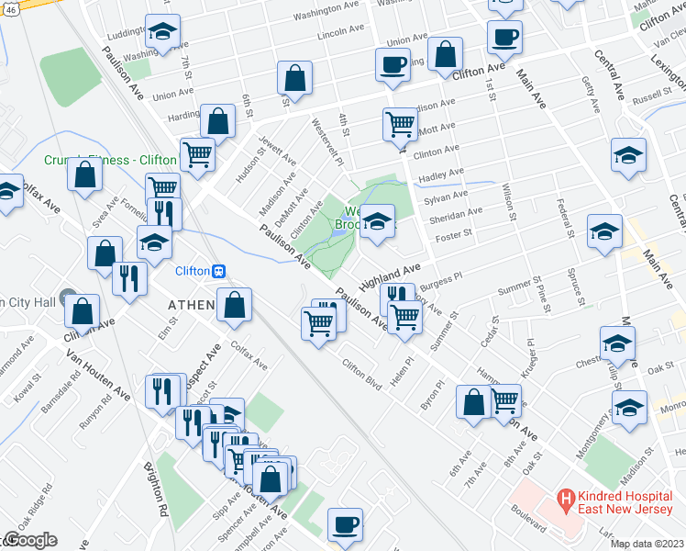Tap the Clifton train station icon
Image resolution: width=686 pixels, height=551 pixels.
point(219,272)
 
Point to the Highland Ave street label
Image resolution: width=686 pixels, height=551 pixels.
point(389,273)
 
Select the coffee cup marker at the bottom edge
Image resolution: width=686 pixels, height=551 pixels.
point(345,524)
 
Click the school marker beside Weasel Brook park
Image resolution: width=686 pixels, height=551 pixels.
point(376,221)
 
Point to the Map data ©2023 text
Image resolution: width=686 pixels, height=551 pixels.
point(647,544)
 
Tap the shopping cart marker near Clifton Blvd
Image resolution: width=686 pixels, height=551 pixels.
point(318,322)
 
